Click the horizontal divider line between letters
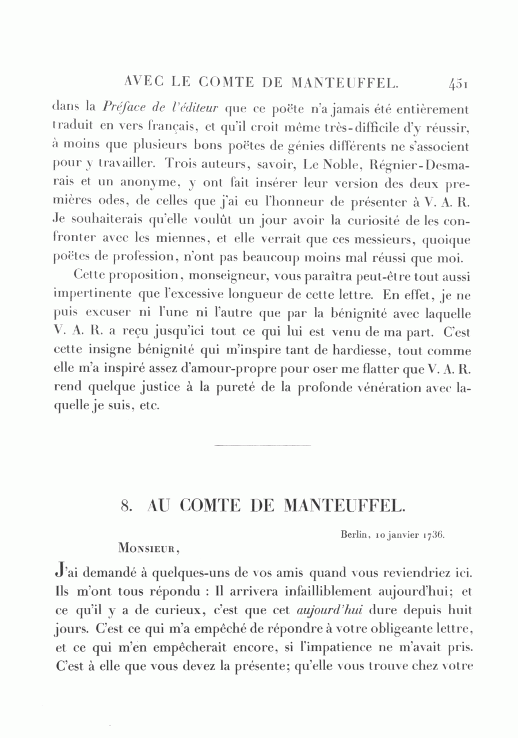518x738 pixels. click(262, 444)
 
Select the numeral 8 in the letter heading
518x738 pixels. click(124, 506)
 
